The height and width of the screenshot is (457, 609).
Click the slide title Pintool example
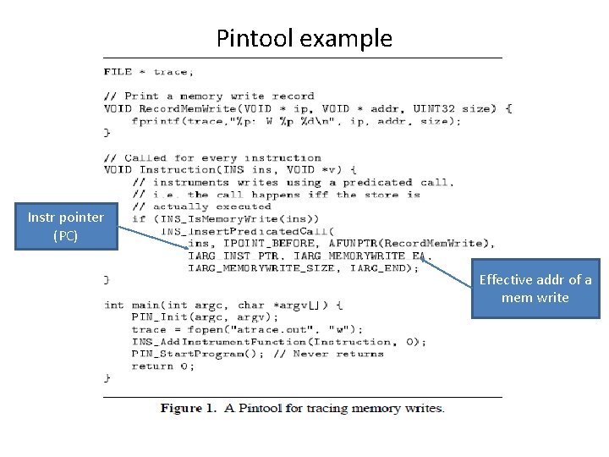pos(304,38)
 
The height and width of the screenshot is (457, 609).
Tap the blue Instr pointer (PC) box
pos(65,226)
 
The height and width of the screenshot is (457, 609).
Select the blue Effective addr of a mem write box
pos(535,289)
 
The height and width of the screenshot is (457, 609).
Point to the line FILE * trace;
pos(149,71)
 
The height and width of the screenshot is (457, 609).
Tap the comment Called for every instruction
pos(212,157)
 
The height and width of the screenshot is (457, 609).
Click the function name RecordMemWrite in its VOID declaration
pos(184,108)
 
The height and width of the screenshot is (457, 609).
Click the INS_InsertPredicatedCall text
pos(246,231)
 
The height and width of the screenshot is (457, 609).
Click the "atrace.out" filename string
pos(273,329)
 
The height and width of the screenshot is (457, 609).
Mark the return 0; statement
pos(162,366)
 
